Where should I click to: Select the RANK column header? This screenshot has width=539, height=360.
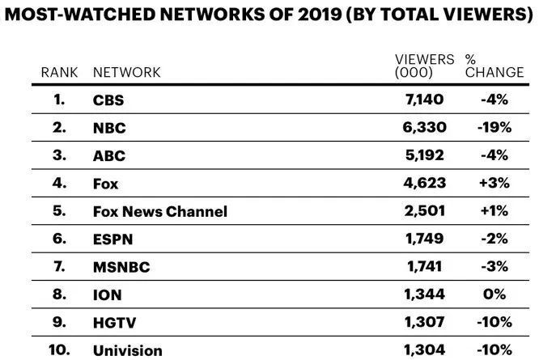60,72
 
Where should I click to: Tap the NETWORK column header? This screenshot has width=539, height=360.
127,72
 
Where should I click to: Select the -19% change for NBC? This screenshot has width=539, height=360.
494,128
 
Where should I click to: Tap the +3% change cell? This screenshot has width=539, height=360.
494,183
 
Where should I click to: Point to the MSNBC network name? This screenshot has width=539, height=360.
121,266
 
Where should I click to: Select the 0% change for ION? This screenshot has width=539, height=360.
494,294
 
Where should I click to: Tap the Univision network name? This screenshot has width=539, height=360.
128,349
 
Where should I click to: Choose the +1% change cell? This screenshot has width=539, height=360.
494,211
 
